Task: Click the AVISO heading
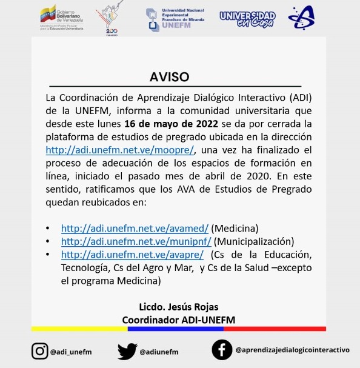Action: [x=170, y=77]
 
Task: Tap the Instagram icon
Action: [x=40, y=350]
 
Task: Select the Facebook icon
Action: [x=221, y=350]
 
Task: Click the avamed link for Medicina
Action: [x=135, y=228]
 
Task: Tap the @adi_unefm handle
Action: [x=70, y=351]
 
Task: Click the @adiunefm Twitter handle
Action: [x=158, y=351]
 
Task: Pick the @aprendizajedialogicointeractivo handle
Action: [x=292, y=350]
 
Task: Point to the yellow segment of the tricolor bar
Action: [x=79, y=329]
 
